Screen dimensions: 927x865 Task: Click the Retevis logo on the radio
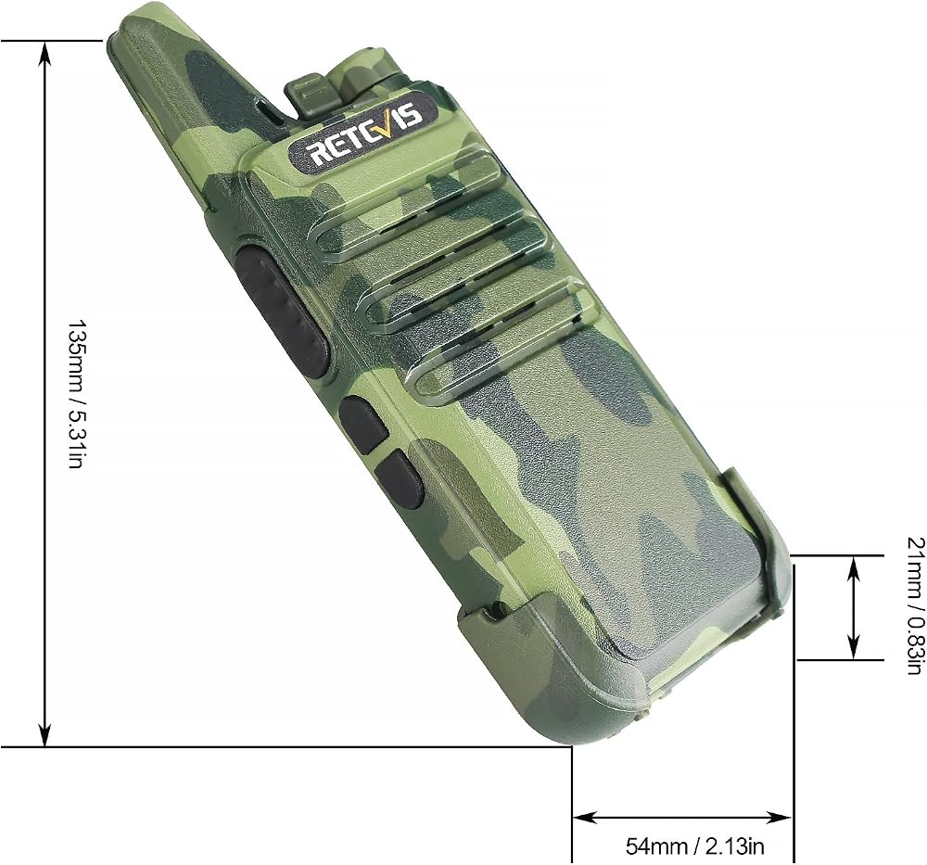[x=364, y=131]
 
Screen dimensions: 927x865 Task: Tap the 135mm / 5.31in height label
[x=78, y=394]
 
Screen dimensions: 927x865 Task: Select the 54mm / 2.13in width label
[x=694, y=846]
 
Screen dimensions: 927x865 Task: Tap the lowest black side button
[x=399, y=479]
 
